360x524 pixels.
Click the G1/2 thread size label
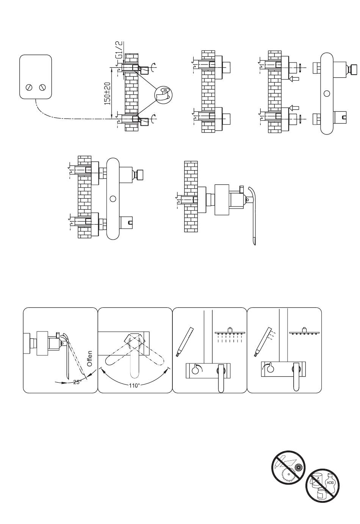pos(119,50)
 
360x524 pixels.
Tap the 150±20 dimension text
pos(107,93)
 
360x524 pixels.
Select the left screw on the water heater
pos(28,88)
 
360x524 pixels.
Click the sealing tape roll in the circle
pos(163,95)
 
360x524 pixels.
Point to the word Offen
pos(89,358)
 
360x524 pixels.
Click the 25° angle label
pos(77,382)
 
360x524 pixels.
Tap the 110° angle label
pos(134,385)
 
